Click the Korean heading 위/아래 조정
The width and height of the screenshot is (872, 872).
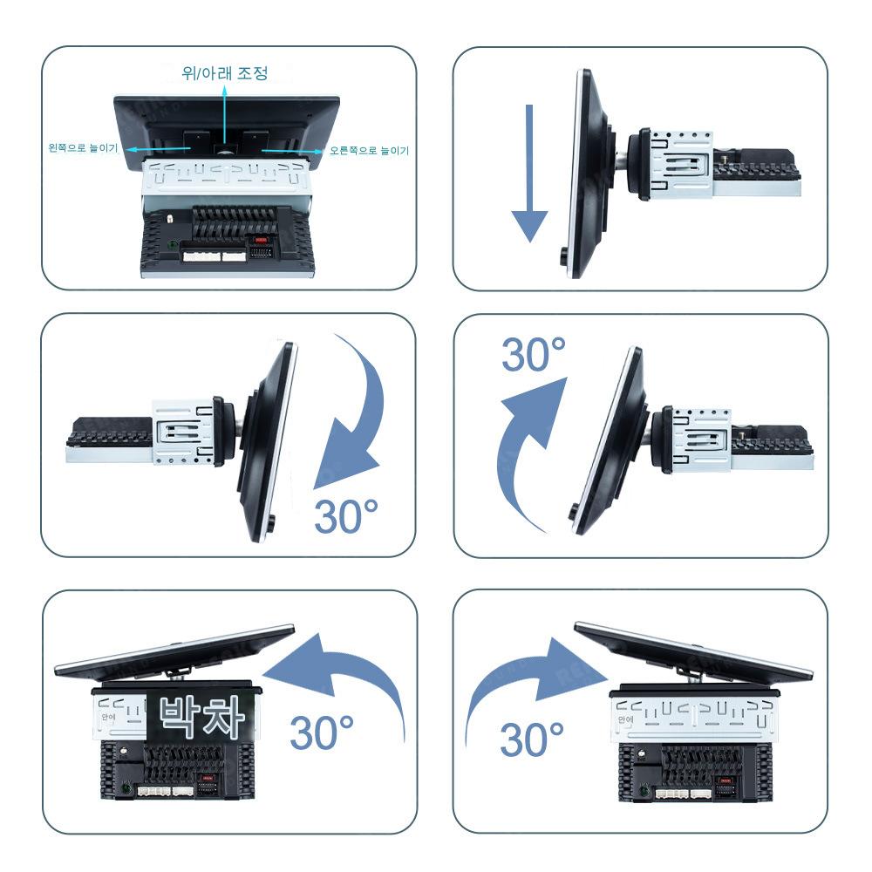(x=224, y=73)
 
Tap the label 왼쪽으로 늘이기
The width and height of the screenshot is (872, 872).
(x=83, y=149)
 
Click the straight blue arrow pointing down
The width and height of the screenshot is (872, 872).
(x=528, y=174)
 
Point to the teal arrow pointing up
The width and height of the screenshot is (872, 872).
(x=224, y=113)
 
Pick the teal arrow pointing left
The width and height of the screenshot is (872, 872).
(x=166, y=149)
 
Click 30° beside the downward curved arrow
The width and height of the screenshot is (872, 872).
(x=348, y=516)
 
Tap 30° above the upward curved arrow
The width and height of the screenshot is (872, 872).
(x=534, y=355)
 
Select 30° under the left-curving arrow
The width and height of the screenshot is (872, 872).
(x=322, y=732)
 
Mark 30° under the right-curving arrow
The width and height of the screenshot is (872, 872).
(x=532, y=739)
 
